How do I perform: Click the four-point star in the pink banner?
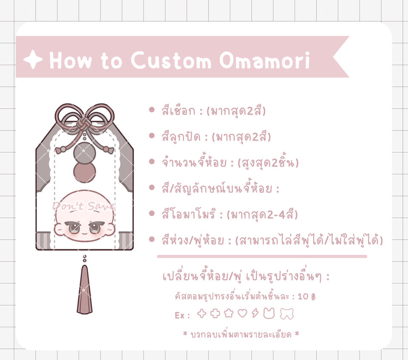33,60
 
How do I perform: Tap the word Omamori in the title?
265,60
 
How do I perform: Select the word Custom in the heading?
171,60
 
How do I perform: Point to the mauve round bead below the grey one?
85,172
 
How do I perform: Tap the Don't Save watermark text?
84,206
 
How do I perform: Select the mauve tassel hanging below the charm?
85,289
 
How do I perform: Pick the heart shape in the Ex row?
242,313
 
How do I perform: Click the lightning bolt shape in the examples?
255,313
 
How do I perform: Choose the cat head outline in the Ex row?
269,313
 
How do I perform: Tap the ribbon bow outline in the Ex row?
287,313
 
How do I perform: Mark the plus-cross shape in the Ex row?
215,313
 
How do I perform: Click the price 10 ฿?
306,297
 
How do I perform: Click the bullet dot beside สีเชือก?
152,110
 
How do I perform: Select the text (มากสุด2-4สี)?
262,215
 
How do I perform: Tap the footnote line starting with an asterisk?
241,334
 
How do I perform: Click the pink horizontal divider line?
262,256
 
